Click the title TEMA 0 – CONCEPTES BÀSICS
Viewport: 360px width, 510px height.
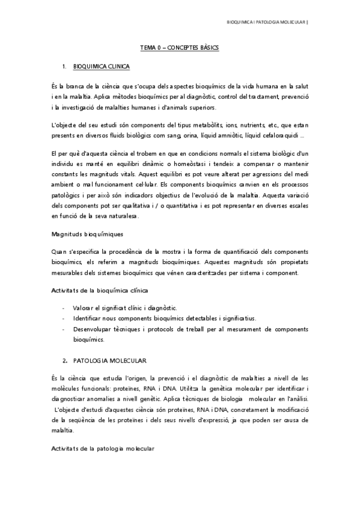(x=180, y=46)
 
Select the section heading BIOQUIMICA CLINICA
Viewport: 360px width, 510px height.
(x=100, y=65)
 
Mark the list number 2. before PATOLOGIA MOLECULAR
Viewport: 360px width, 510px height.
(x=65, y=360)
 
